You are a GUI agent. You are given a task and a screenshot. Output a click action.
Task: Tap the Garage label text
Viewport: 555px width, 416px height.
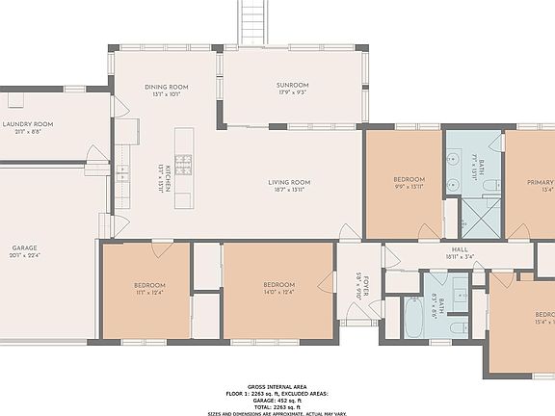click(x=24, y=247)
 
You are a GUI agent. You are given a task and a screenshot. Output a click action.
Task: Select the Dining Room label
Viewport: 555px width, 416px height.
click(x=166, y=87)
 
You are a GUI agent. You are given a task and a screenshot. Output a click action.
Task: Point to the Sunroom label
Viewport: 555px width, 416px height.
click(x=292, y=86)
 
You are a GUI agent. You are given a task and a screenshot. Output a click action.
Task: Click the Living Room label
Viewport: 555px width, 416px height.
click(x=288, y=182)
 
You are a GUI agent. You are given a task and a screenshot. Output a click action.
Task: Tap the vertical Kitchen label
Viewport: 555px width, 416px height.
click(x=167, y=177)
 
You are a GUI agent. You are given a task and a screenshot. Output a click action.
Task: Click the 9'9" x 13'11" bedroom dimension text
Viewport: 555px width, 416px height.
click(x=409, y=188)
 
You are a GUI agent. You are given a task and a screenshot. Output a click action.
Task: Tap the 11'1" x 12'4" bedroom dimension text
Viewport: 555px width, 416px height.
click(x=149, y=293)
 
